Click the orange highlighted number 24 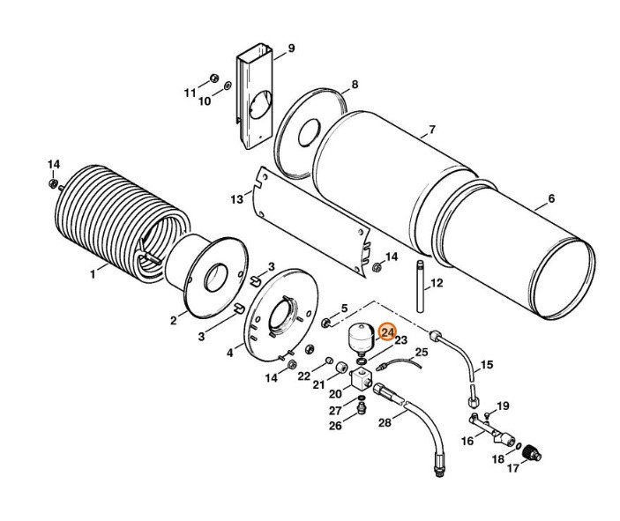tap(386, 332)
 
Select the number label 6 tap(551, 198)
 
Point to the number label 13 tap(236, 200)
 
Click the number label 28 tap(384, 423)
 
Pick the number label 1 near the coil tap(92, 274)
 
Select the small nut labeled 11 tap(213, 76)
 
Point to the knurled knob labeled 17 tap(533, 455)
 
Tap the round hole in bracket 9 tap(256, 108)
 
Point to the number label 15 tap(486, 364)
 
